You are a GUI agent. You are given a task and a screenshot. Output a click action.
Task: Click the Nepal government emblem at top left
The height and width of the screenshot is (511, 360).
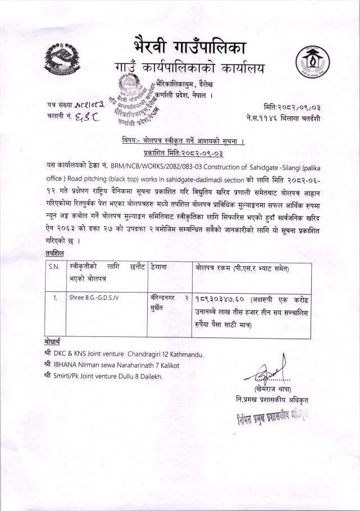(63, 60)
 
